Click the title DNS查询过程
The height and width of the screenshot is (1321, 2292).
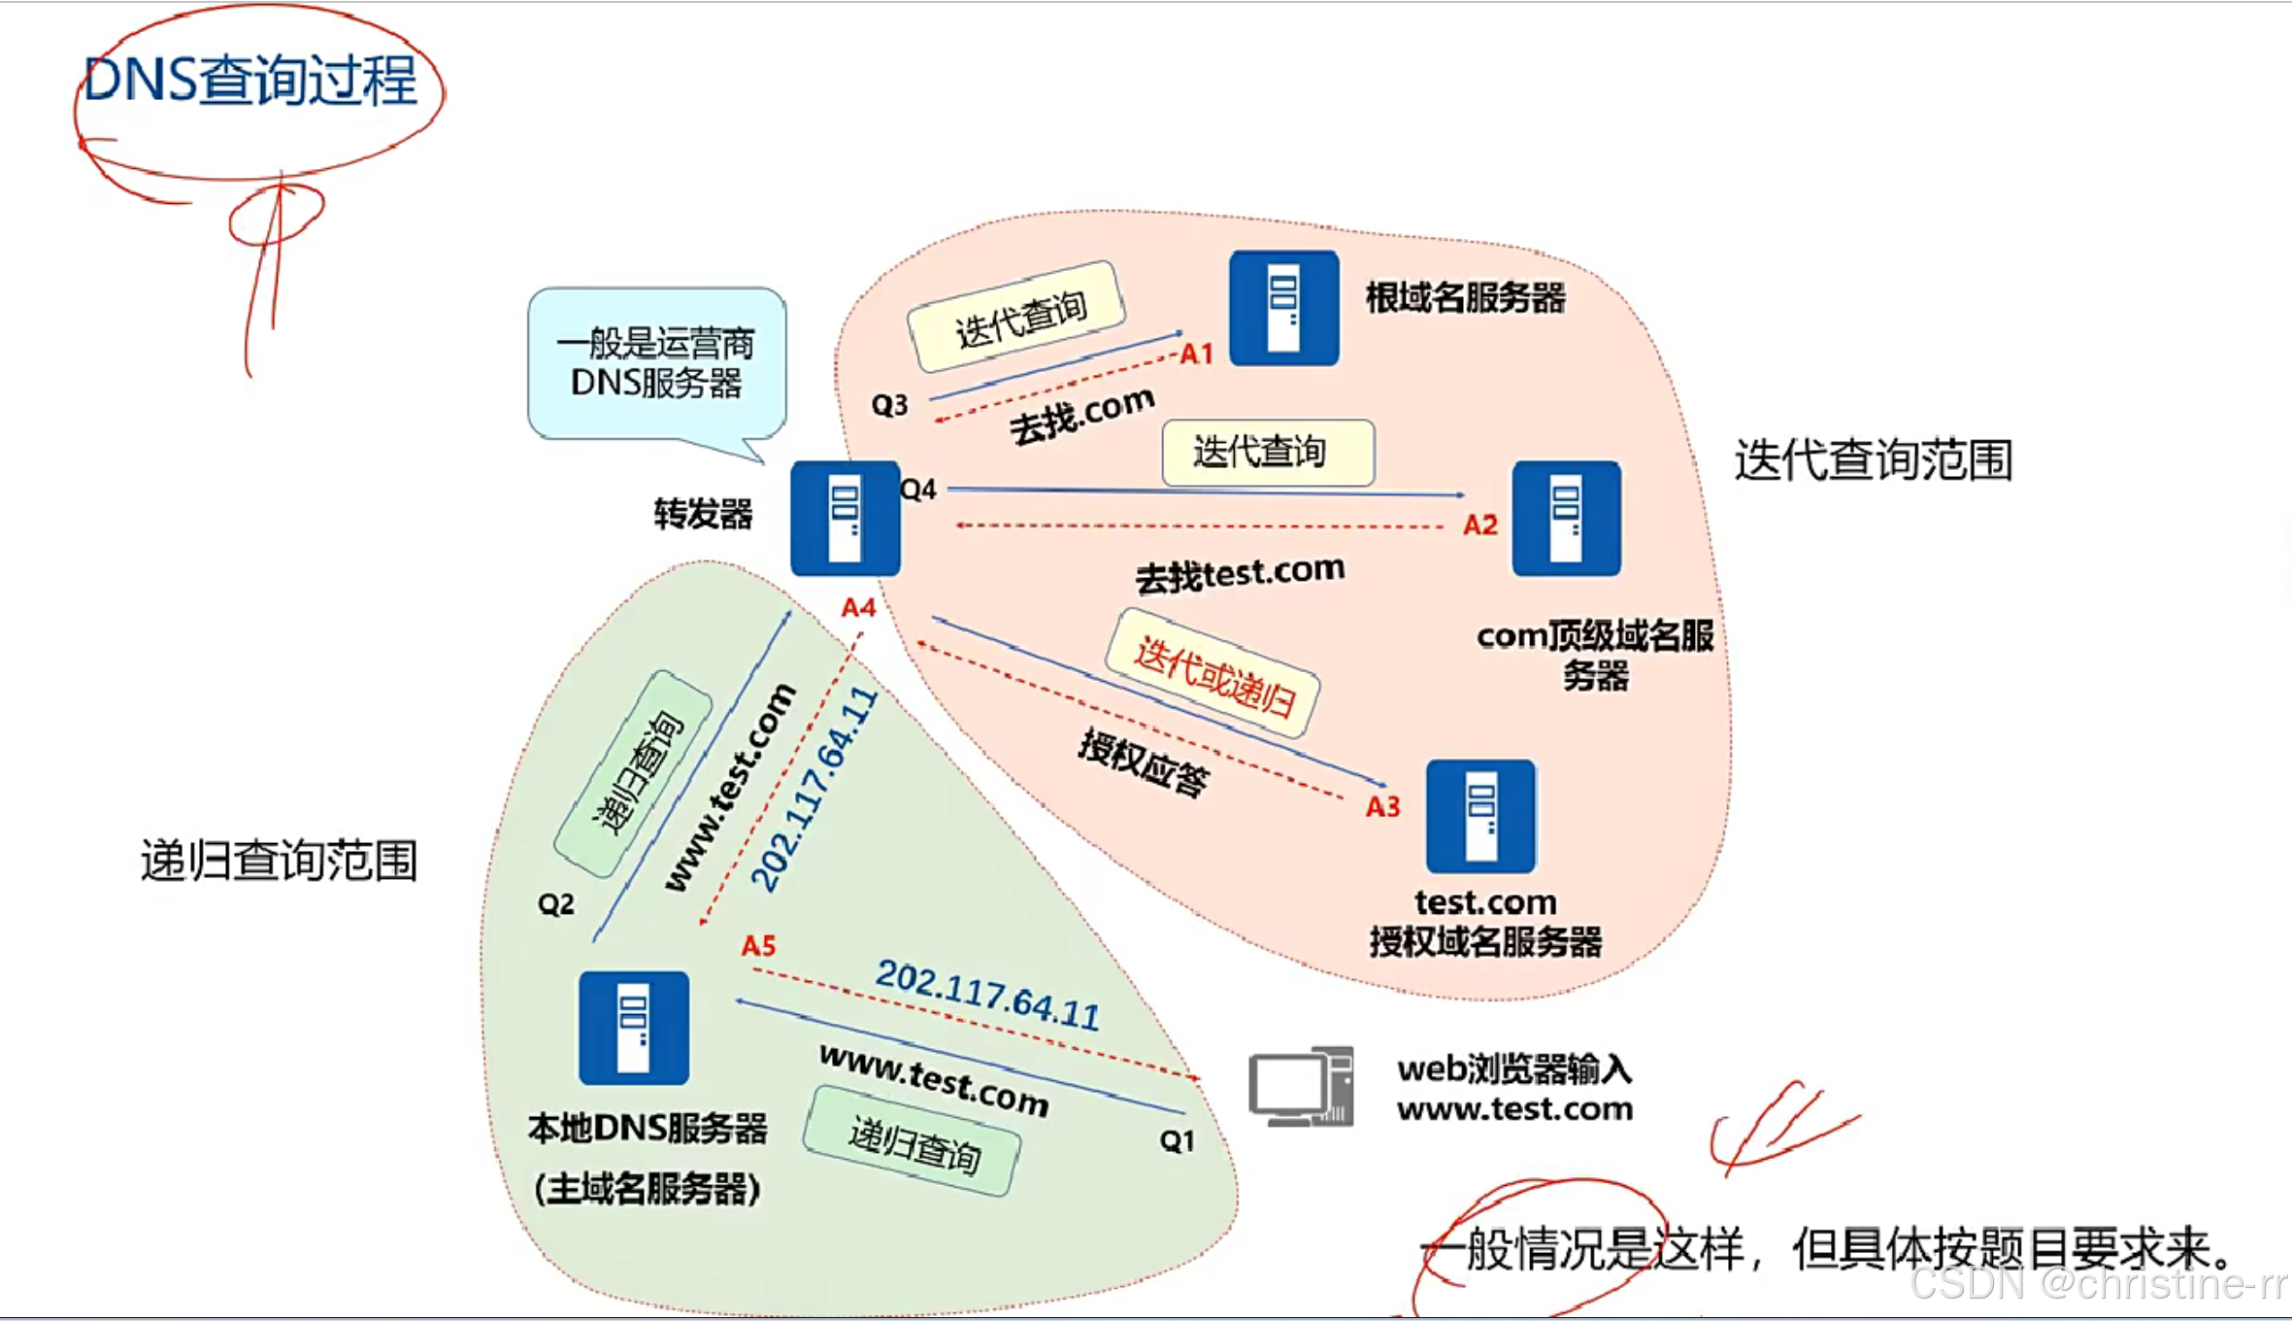point(250,80)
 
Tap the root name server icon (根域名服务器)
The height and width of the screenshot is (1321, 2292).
point(1283,308)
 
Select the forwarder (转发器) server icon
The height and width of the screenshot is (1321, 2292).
point(845,519)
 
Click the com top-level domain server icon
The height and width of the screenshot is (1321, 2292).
point(1566,519)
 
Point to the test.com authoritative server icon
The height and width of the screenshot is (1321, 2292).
point(1480,817)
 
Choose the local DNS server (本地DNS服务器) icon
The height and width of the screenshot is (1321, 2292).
point(634,1028)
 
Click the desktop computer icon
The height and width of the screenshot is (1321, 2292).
point(1302,1086)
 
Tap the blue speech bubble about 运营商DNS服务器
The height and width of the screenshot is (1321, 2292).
point(656,364)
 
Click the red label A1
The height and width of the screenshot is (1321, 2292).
point(1197,354)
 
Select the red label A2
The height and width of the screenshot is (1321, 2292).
point(1480,525)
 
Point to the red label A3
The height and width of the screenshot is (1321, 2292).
point(1383,806)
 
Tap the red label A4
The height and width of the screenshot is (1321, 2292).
point(858,608)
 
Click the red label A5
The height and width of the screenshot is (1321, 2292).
point(758,945)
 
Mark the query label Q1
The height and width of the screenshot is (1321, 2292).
point(1177,1140)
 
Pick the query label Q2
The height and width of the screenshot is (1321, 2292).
point(555,905)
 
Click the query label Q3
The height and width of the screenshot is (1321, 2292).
point(889,405)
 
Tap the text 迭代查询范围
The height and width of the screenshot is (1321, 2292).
point(1873,459)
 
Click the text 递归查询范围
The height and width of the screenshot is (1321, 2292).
point(280,861)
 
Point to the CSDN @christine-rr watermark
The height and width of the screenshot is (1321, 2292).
point(2097,1284)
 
